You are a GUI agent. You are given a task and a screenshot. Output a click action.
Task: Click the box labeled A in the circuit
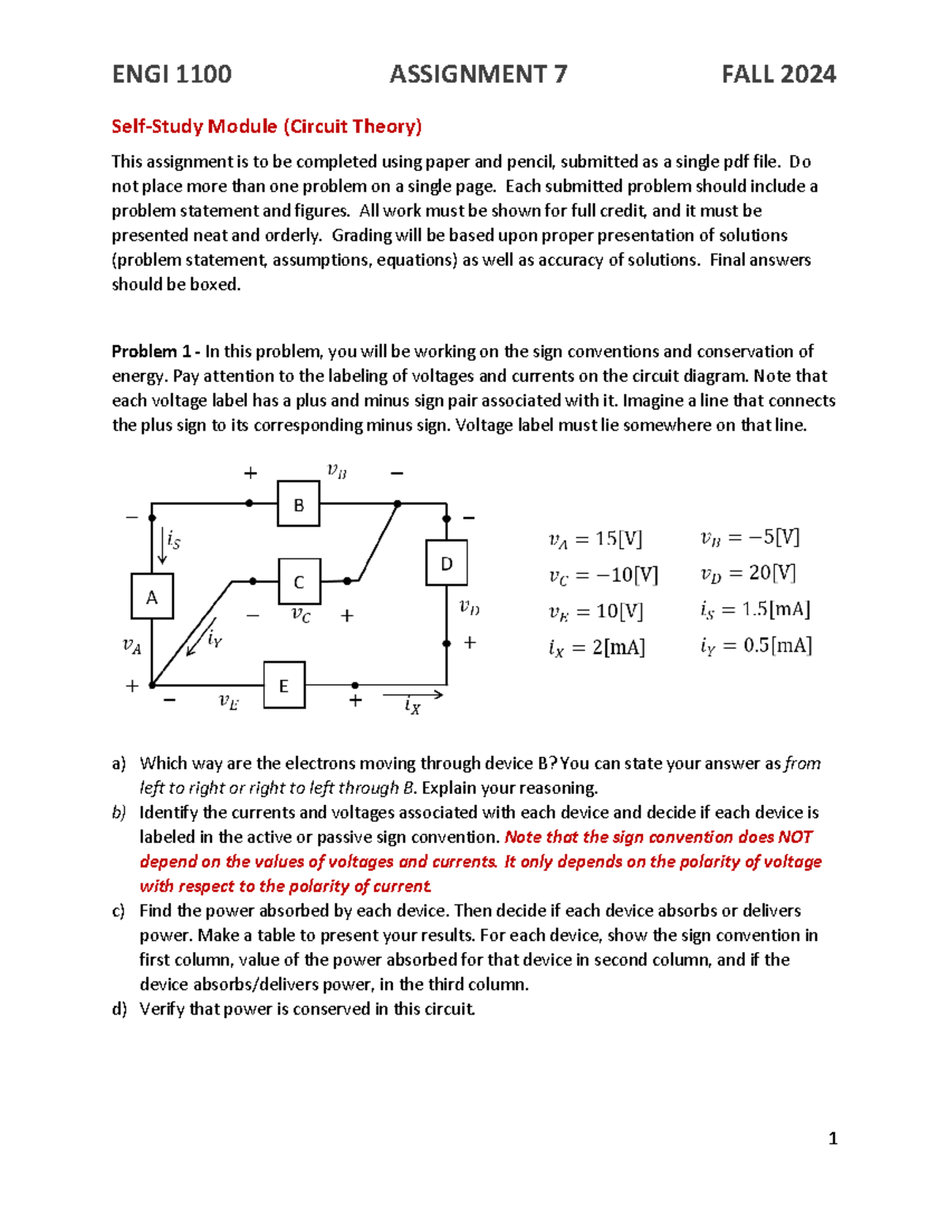tap(152, 597)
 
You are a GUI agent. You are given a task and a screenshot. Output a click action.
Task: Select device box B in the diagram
tap(298, 504)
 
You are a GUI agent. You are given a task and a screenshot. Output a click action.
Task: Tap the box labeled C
tap(299, 582)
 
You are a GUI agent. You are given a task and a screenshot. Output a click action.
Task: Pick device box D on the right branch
tap(447, 563)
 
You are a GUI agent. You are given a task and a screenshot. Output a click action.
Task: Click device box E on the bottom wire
tap(284, 686)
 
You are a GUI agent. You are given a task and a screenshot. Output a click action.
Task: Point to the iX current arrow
tap(412, 696)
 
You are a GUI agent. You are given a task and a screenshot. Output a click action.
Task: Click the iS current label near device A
tap(173, 542)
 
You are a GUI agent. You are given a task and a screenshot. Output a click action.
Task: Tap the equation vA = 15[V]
tap(595, 539)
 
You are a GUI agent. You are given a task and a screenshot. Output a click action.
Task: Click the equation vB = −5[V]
tap(750, 538)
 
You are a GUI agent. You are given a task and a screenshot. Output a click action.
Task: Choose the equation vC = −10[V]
tap(603, 575)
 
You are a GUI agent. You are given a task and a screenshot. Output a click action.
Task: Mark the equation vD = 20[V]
tap(747, 573)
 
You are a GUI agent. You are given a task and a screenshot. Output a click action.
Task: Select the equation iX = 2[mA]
tap(596, 648)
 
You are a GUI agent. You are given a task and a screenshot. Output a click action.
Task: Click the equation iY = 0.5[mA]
tap(755, 646)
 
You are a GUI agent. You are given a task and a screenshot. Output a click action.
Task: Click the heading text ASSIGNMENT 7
tap(478, 74)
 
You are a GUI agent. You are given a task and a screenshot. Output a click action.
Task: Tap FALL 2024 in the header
tap(778, 74)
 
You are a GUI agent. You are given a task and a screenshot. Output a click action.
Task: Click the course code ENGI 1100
tap(172, 74)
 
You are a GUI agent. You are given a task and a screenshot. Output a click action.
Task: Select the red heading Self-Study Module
tap(267, 127)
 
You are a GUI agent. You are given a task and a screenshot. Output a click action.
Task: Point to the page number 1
tap(832, 1139)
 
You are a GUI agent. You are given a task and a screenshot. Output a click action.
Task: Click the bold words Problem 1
tap(152, 351)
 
